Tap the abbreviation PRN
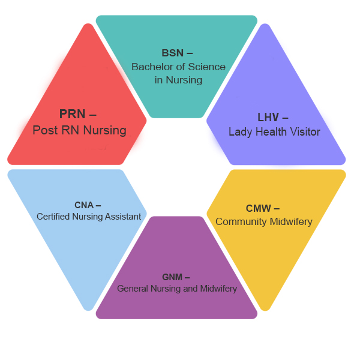pyautogui.click(x=73, y=114)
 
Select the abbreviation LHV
pyautogui.click(x=268, y=117)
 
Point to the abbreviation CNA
pyautogui.click(x=83, y=205)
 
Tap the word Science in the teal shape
pyautogui.click(x=205, y=67)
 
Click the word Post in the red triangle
pyautogui.click(x=44, y=130)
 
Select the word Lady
pyautogui.click(x=241, y=132)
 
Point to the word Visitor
pyautogui.click(x=304, y=132)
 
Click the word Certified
pyautogui.click(x=53, y=217)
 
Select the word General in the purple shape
pyautogui.click(x=132, y=289)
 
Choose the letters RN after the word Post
pyautogui.click(x=68, y=130)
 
